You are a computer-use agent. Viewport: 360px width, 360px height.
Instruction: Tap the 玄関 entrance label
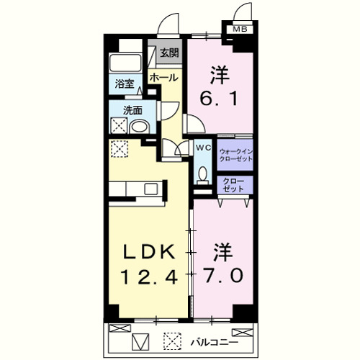pyautogui.click(x=170, y=53)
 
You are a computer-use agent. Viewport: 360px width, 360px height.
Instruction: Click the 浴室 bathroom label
pyautogui.click(x=125, y=84)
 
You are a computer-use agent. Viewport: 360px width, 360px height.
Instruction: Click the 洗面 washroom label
pyautogui.click(x=132, y=111)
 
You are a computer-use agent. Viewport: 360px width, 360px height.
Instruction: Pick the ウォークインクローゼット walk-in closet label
pyautogui.click(x=235, y=154)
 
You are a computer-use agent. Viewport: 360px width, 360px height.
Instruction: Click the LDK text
pyautogui.click(x=149, y=252)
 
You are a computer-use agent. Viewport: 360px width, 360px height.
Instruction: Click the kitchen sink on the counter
pyautogui.click(x=150, y=189)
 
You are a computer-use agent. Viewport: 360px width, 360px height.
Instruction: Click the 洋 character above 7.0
pyautogui.click(x=222, y=253)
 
